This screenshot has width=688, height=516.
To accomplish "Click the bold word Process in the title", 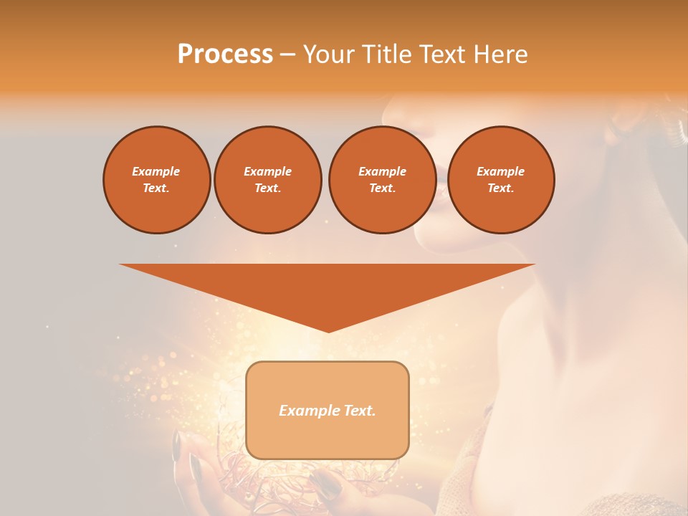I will click(225, 54).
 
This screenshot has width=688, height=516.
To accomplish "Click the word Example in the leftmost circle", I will click(156, 171).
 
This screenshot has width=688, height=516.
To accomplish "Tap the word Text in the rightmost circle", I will click(500, 188).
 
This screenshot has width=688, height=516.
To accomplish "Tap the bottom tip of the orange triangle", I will click(328, 330).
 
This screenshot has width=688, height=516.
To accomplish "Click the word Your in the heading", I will click(326, 54).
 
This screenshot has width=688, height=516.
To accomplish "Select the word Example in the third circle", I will click(382, 171).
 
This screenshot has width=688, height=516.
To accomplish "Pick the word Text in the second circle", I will click(267, 188).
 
